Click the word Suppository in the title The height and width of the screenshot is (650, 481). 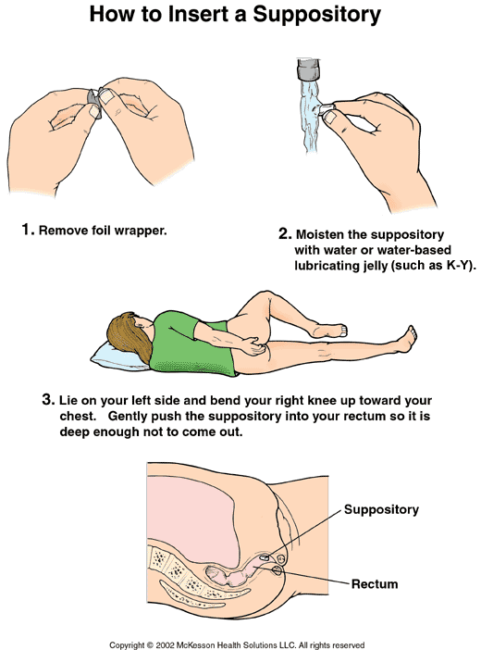click(x=316, y=15)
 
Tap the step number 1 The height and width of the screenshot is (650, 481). click(x=28, y=230)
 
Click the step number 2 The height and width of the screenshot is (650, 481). click(x=285, y=234)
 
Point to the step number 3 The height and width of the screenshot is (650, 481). click(x=48, y=400)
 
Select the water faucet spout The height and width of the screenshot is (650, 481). click(x=309, y=69)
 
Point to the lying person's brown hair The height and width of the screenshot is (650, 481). click(x=129, y=336)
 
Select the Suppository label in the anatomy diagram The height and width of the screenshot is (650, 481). click(x=381, y=509)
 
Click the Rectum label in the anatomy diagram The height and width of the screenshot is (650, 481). click(x=375, y=584)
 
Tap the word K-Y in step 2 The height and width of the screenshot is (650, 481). click(x=458, y=266)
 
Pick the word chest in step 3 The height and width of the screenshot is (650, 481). click(x=78, y=416)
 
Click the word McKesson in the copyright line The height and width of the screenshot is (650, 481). click(x=195, y=645)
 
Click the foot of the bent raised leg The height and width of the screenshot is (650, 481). click(x=330, y=330)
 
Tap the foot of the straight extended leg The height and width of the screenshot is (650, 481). click(x=406, y=339)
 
